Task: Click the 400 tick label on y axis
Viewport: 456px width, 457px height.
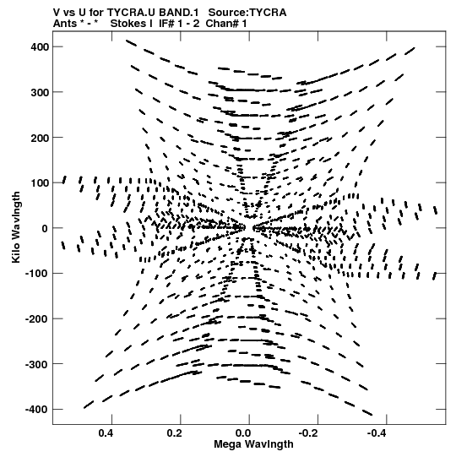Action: (x=40, y=46)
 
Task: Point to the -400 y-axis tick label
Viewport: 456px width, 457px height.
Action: (x=37, y=410)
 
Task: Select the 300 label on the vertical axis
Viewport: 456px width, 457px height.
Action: (x=40, y=92)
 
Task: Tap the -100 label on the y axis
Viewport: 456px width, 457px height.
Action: (x=37, y=274)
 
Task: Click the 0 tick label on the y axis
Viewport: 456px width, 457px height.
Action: (x=45, y=228)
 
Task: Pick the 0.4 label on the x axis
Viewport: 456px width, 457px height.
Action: (x=106, y=433)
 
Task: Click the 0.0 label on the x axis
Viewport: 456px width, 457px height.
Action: (x=243, y=433)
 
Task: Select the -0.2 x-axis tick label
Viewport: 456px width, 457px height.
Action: (x=309, y=433)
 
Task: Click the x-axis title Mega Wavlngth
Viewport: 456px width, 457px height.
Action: (x=253, y=444)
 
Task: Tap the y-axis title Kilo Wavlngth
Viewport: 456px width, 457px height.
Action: (x=16, y=227)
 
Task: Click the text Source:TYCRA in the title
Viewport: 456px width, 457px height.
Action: (x=247, y=13)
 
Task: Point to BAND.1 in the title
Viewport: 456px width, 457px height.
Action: (x=179, y=13)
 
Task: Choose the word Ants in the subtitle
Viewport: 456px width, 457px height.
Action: (x=64, y=24)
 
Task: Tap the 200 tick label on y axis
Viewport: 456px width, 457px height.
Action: (x=40, y=138)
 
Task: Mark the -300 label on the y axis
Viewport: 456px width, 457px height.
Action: (x=37, y=364)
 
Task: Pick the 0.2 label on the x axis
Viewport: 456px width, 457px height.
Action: (x=175, y=433)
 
